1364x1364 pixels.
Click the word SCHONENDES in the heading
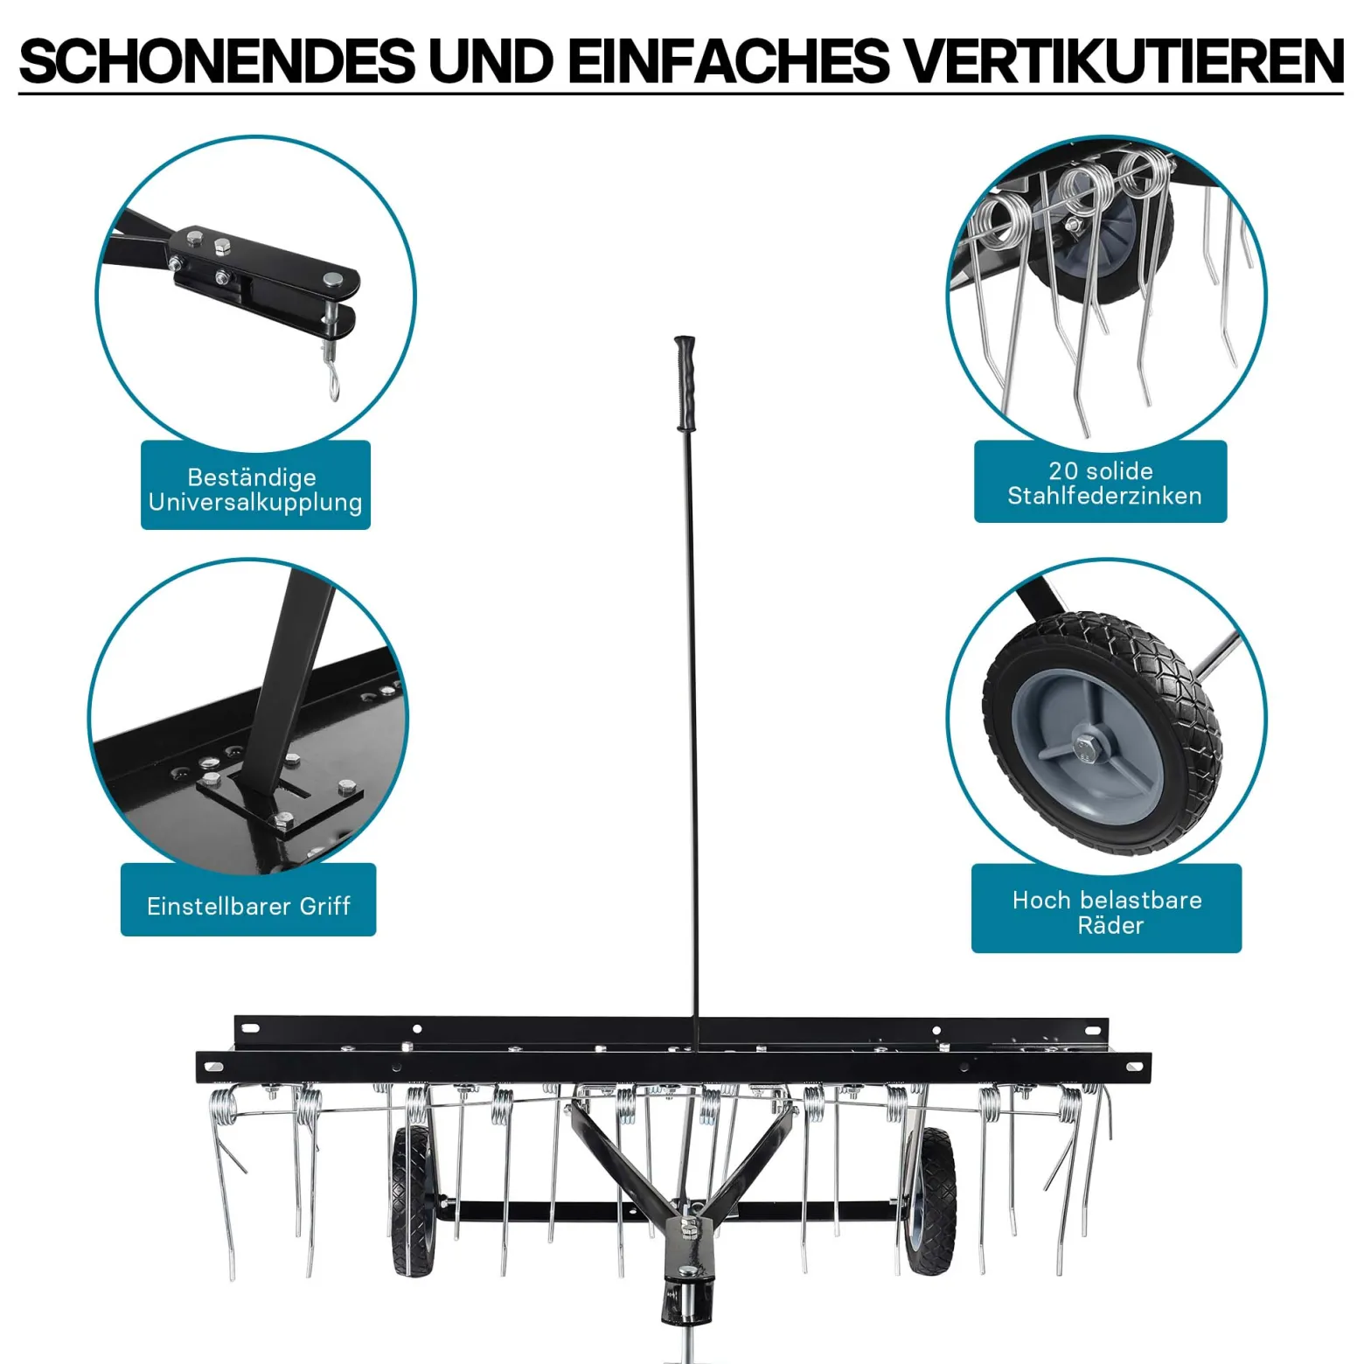(217, 60)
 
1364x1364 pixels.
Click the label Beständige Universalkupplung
(255, 489)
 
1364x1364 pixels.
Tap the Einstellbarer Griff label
(248, 905)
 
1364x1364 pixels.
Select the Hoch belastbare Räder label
(1108, 912)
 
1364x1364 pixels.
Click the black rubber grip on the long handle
(685, 383)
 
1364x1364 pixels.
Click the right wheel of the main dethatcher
(929, 1200)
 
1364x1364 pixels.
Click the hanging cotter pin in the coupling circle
(333, 377)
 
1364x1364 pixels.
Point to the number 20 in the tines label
(1063, 471)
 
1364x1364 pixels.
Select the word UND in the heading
(491, 60)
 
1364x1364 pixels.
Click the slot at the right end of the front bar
(1134, 1065)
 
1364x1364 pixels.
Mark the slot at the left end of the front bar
(212, 1065)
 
